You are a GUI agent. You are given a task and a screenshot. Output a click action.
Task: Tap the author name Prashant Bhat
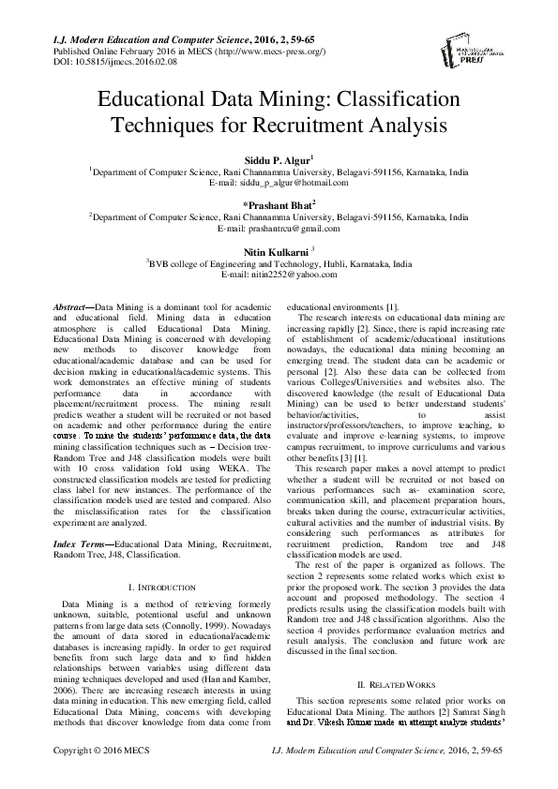(279, 203)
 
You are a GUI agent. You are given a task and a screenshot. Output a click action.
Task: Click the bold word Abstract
(67, 307)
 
